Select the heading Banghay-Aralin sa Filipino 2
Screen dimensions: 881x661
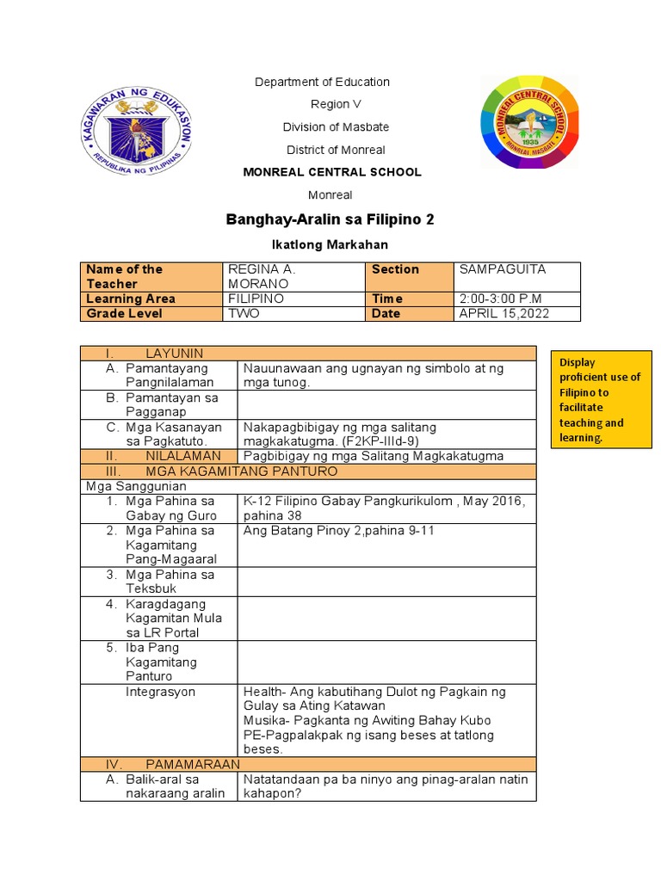pyautogui.click(x=330, y=220)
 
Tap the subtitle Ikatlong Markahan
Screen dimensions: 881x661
pyautogui.click(x=330, y=245)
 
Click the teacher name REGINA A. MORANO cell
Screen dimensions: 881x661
pyautogui.click(x=258, y=276)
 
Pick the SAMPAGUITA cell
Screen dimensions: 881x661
pyautogui.click(x=503, y=269)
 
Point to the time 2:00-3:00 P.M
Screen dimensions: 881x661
pyautogui.click(x=500, y=299)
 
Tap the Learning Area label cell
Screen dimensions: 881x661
pyautogui.click(x=131, y=299)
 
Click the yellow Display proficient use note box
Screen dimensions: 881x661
pyautogui.click(x=601, y=399)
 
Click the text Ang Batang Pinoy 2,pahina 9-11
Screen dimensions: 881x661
pyautogui.click(x=339, y=531)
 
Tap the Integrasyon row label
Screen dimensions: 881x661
pyautogui.click(x=160, y=692)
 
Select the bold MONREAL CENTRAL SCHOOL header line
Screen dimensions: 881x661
pyautogui.click(x=331, y=172)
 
